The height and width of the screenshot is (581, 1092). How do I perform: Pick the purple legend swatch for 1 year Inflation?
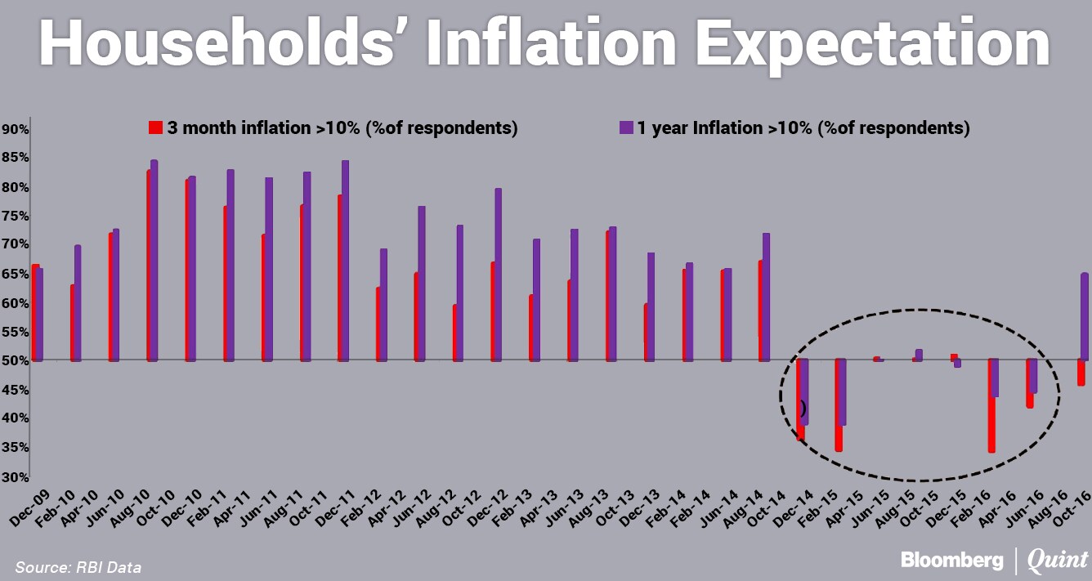click(x=627, y=127)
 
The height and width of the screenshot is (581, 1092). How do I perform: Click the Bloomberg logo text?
click(x=952, y=561)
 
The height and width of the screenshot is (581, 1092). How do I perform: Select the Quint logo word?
click(x=1058, y=561)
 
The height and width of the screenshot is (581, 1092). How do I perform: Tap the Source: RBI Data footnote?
click(x=73, y=566)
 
